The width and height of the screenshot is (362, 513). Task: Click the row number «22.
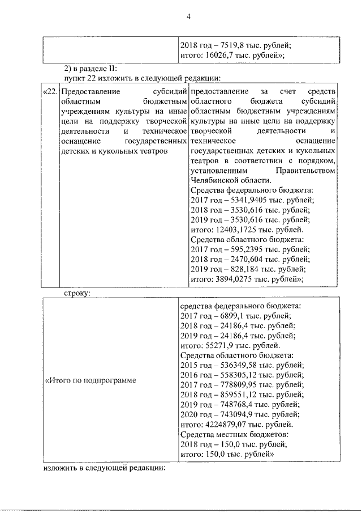(x=50, y=92)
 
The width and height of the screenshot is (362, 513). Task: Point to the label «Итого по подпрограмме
(x=90, y=379)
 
